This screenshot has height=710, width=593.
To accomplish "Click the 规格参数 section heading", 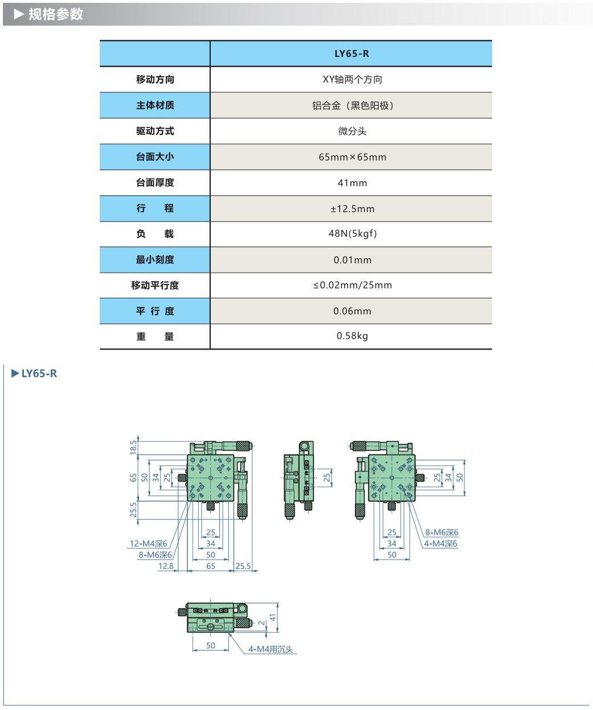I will click(x=55, y=14).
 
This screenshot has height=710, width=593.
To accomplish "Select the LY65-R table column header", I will click(x=351, y=54).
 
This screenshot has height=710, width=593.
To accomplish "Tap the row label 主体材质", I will click(x=155, y=105).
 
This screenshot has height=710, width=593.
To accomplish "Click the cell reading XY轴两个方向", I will click(x=352, y=80).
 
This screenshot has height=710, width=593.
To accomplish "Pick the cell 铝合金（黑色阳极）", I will click(x=352, y=105).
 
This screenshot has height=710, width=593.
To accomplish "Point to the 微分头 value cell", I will click(x=352, y=132).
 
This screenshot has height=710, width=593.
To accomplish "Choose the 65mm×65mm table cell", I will click(x=352, y=157).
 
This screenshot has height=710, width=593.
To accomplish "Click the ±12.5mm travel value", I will click(x=352, y=209).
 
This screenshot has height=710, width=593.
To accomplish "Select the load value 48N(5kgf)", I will click(x=352, y=233).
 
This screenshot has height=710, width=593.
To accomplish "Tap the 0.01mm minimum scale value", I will click(x=352, y=260).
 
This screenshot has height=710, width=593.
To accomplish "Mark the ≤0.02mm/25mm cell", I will click(x=352, y=285).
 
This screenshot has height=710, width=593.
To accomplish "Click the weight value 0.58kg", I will click(x=352, y=336).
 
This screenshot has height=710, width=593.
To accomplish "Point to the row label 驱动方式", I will click(x=155, y=131).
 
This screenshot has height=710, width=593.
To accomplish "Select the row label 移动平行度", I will click(x=155, y=285).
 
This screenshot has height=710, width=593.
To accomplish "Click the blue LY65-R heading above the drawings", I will click(x=39, y=374).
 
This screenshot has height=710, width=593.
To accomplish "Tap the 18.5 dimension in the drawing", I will click(x=133, y=447).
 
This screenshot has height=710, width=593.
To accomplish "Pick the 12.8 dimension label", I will click(x=166, y=566).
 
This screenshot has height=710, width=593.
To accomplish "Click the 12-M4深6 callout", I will click(x=148, y=544).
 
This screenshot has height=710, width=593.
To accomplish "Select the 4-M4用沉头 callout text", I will click(x=271, y=649).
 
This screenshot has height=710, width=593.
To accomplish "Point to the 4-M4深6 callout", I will click(x=440, y=544).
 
